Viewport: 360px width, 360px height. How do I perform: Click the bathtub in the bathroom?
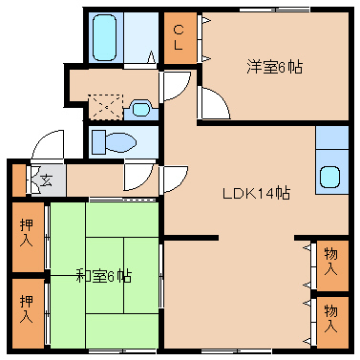(104, 37)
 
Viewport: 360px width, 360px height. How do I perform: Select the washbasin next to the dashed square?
(140, 109)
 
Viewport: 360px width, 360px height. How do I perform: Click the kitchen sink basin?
(330, 178)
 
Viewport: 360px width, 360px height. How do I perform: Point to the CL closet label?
(179, 38)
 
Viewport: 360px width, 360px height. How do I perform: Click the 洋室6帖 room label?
(274, 67)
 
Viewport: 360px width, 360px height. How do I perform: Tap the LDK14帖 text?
(256, 193)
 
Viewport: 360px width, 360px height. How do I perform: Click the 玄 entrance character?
(46, 180)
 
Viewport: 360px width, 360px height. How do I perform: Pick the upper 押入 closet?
(28, 237)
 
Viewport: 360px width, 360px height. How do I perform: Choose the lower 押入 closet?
(28, 313)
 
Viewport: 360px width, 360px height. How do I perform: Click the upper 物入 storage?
(333, 265)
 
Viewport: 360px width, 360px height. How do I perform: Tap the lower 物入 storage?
(333, 323)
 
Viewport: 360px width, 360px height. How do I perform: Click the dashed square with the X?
(105, 107)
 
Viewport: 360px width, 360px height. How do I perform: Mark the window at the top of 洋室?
(275, 10)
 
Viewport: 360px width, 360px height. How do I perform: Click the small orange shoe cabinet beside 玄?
(19, 180)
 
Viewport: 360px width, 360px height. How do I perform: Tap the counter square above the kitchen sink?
(332, 138)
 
